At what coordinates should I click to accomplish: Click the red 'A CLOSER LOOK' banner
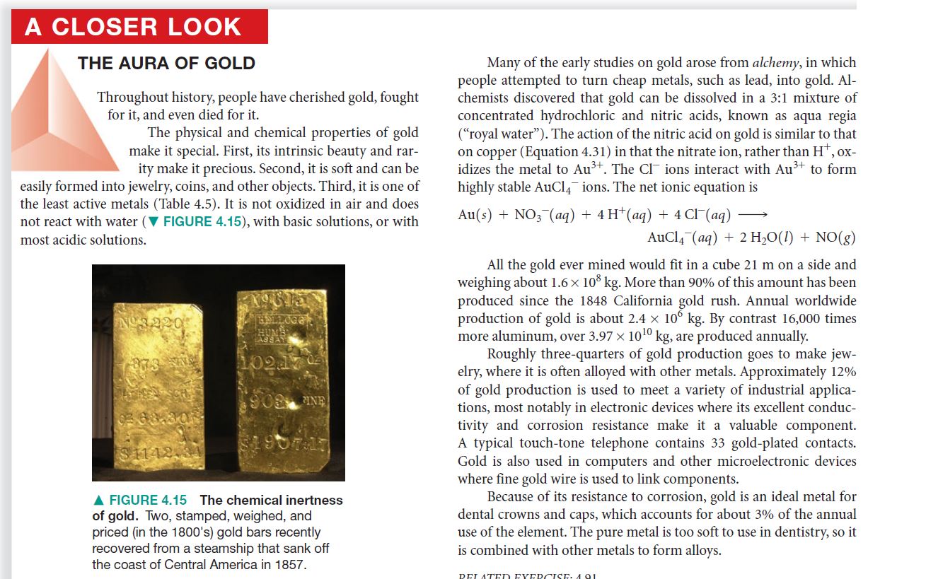pos(139,27)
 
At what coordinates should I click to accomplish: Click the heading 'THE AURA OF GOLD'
pos(166,64)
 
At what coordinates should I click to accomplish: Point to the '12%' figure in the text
pos(840,372)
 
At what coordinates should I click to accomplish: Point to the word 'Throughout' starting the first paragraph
pos(131,98)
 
